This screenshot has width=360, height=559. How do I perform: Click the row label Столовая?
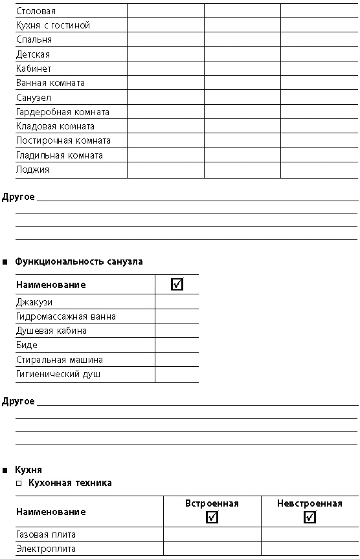tap(36, 11)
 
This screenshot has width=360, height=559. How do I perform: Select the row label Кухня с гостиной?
tap(53, 25)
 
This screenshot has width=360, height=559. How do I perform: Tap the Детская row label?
tap(33, 54)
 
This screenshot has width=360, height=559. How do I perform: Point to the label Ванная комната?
tap(51, 83)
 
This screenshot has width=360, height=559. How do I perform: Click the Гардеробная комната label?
tap(62, 112)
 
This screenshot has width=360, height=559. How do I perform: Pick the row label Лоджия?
tap(32, 170)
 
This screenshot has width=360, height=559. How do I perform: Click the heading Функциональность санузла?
tap(79, 261)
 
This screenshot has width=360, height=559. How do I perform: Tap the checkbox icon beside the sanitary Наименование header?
tap(177, 284)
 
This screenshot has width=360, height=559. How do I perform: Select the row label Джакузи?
tap(34, 302)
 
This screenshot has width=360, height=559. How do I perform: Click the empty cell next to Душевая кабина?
tap(177, 331)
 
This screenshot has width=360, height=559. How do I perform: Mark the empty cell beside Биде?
tap(177, 345)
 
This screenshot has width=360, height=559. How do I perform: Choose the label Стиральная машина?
tap(59, 360)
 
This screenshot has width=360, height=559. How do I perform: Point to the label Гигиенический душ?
tap(58, 375)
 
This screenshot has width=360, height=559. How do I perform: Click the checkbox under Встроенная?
tap(212, 517)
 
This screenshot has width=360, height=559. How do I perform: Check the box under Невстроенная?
tap(309, 517)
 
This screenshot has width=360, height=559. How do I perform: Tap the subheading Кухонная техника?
tap(70, 483)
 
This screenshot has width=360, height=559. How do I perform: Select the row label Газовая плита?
tap(46, 534)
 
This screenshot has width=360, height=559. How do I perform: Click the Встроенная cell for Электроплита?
tap(212, 549)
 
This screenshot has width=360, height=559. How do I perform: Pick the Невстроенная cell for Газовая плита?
tap(310, 534)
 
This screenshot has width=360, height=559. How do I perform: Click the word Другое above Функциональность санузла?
tap(18, 197)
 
